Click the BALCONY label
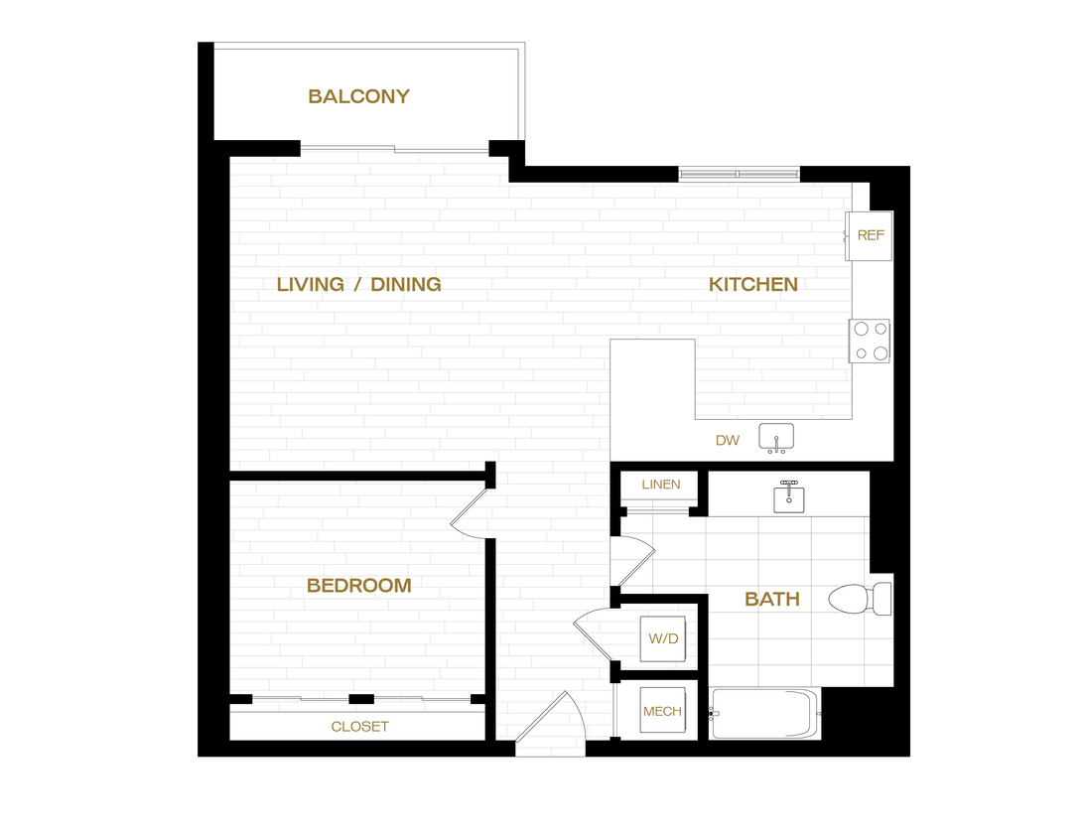tap(358, 96)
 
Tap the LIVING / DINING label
tap(358, 284)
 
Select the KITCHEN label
tap(752, 284)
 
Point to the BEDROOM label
tap(358, 586)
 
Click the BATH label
tap(771, 599)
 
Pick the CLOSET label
tap(359, 727)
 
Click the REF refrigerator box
tap(870, 235)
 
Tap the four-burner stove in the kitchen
tap(870, 341)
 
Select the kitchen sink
tap(776, 437)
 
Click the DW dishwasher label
tap(728, 440)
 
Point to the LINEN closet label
tap(661, 485)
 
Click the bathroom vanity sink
tap(790, 497)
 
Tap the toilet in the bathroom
tap(859, 598)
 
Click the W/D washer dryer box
tap(663, 638)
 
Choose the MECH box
tap(662, 711)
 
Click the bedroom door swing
tap(471, 518)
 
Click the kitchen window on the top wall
tap(739, 174)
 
